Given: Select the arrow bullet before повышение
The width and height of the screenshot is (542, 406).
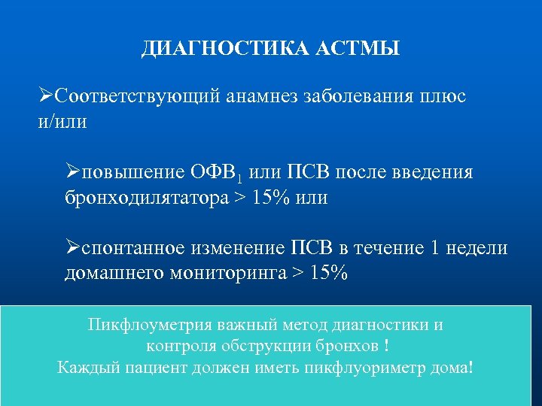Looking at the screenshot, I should coord(73,173).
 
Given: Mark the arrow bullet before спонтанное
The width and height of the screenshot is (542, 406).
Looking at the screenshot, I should coord(73,248).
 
